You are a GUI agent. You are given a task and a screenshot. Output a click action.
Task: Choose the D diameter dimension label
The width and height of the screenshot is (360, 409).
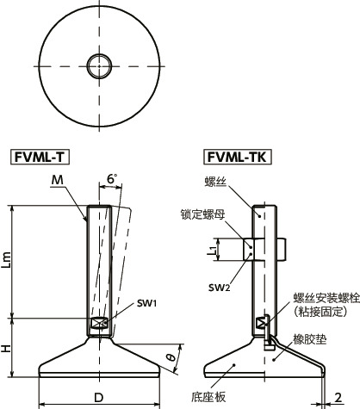pos(98,397)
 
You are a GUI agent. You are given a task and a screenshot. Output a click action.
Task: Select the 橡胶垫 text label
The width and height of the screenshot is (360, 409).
pos(308,340)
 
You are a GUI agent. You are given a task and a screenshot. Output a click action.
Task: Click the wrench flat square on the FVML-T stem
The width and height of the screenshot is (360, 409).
pos(98,323)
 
